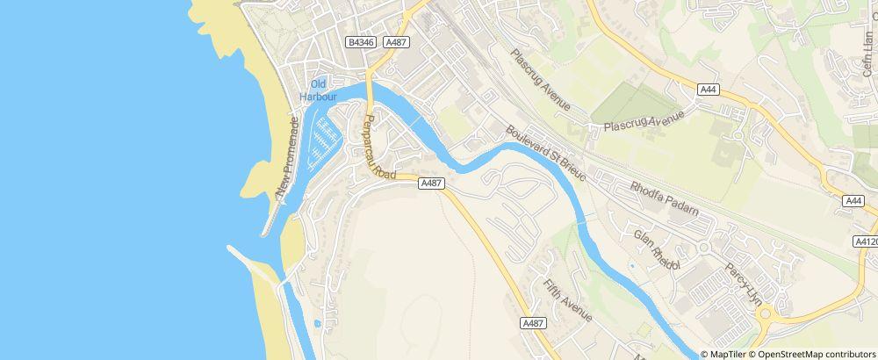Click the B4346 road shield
point(361,42)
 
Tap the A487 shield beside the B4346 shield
point(394,42)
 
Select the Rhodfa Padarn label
point(663,199)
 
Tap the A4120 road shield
point(866,241)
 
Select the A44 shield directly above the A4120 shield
point(853,201)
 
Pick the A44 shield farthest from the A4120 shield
point(709,90)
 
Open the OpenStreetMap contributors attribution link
point(816,354)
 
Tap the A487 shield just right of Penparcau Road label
point(430,183)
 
